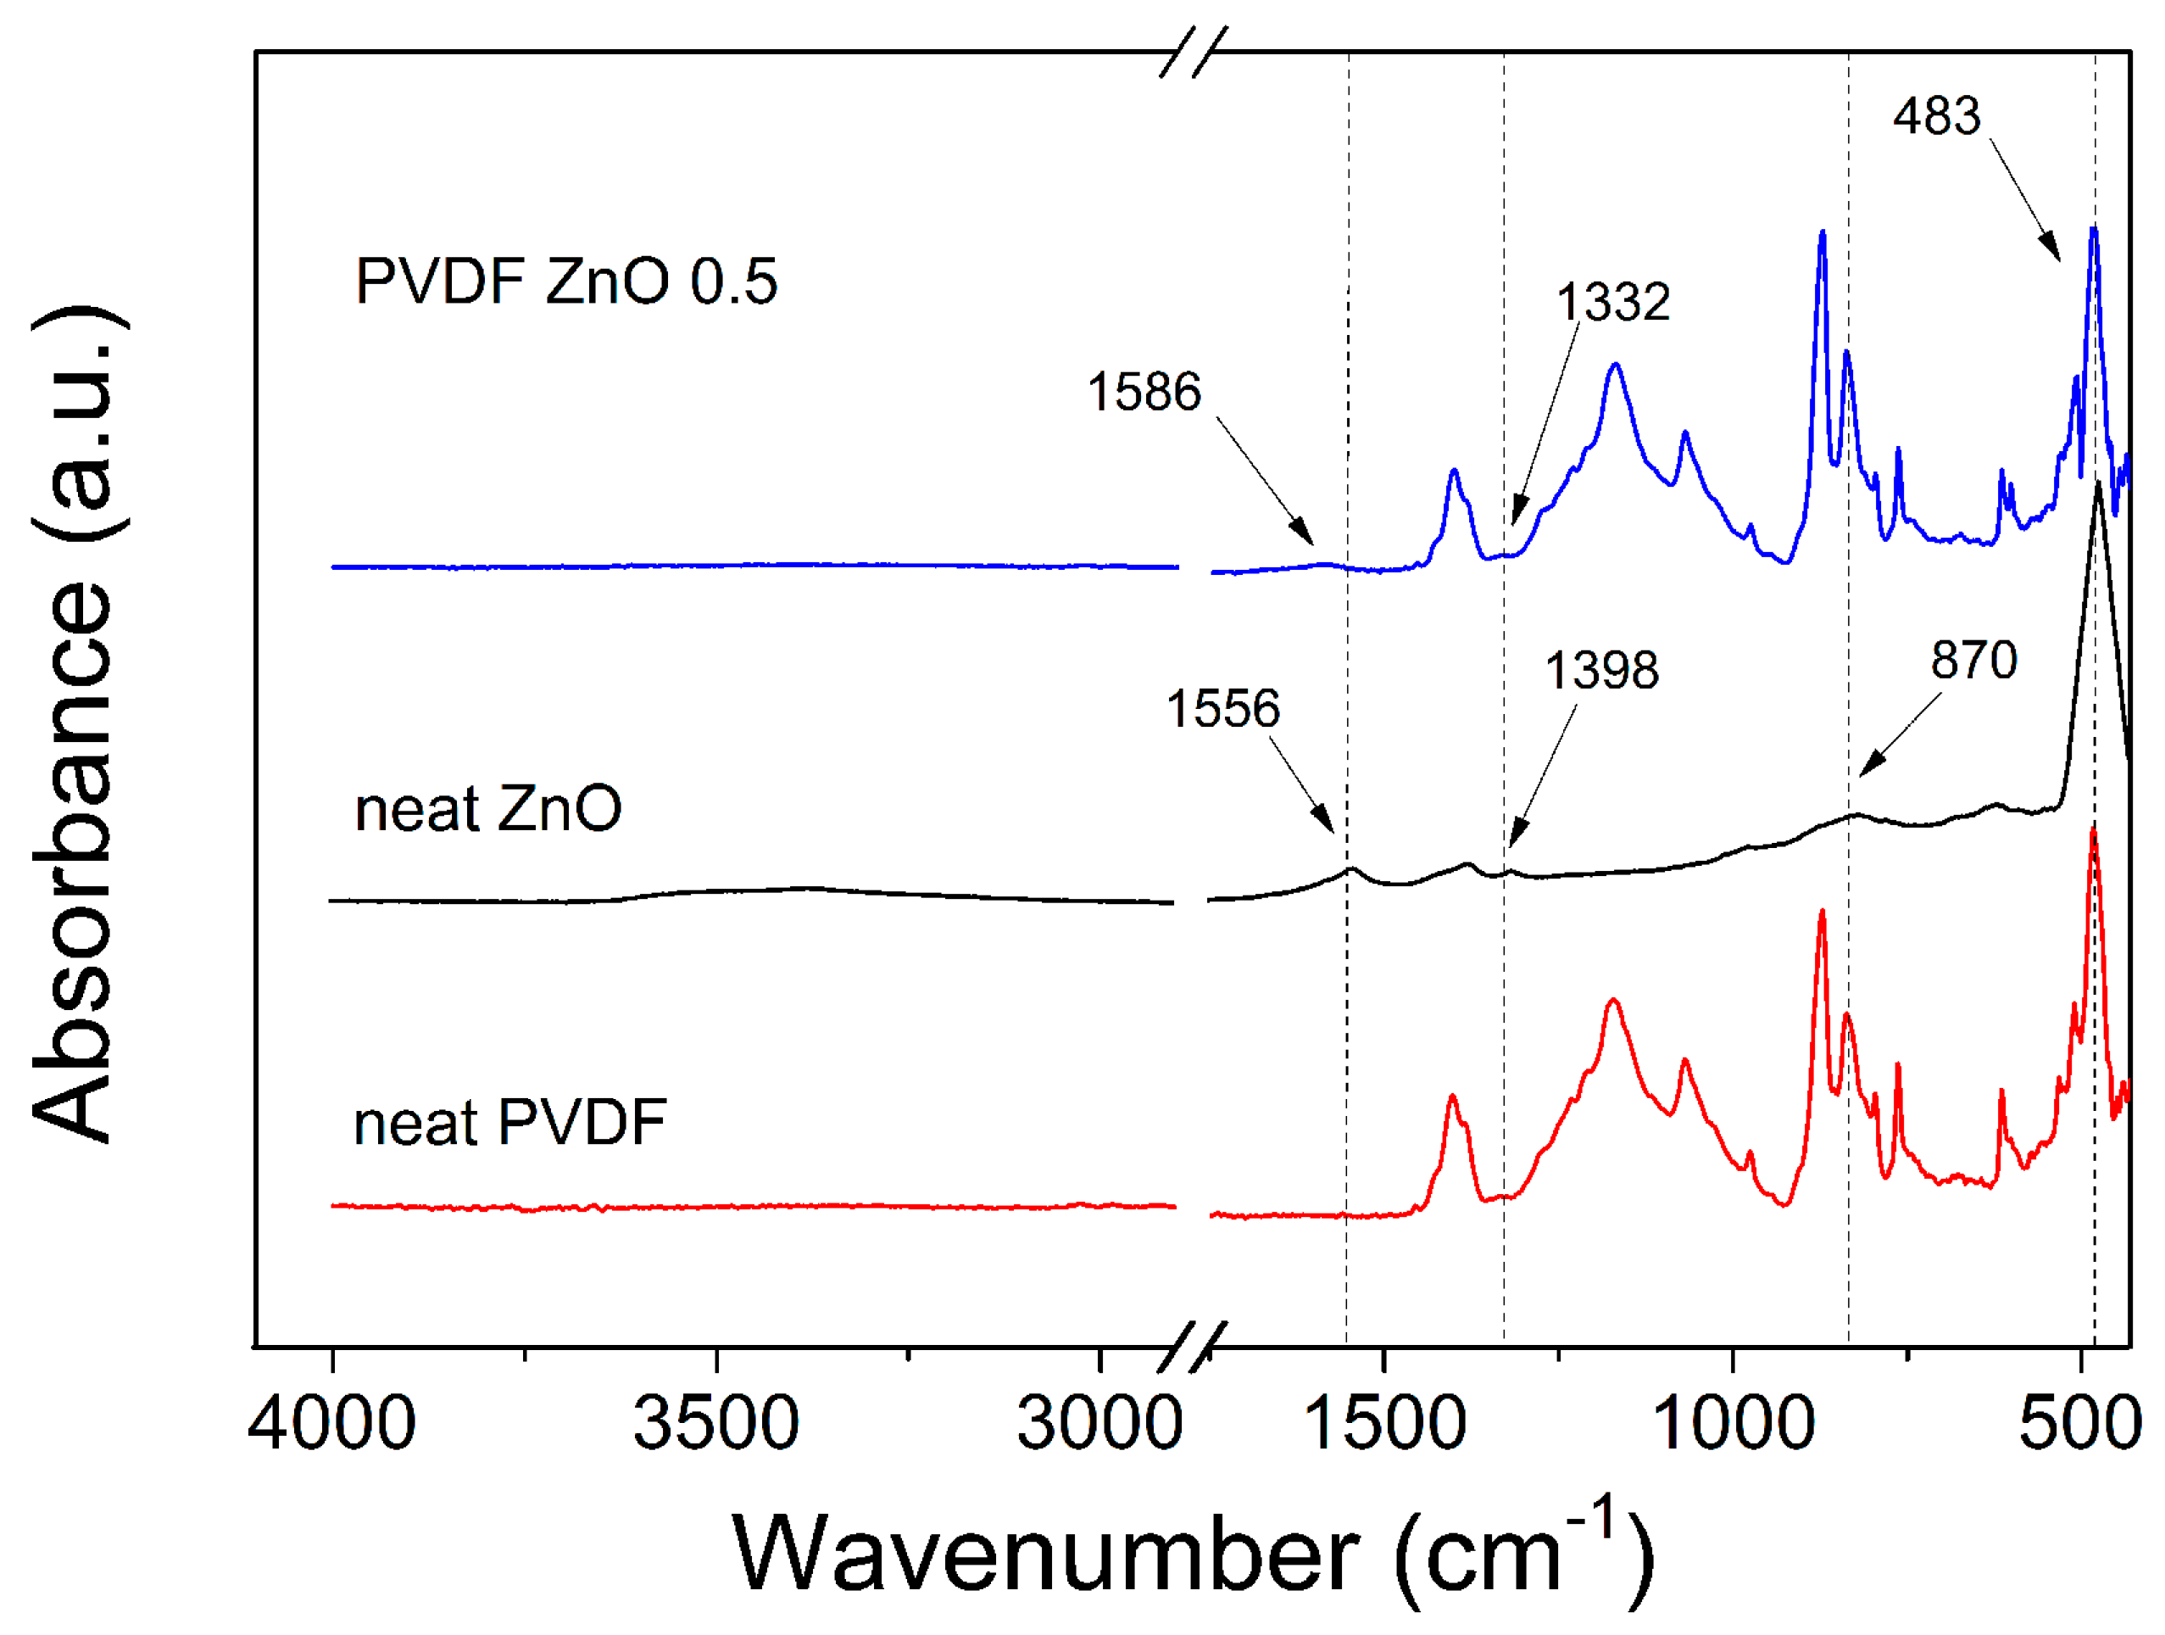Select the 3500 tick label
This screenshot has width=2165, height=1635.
point(715,1425)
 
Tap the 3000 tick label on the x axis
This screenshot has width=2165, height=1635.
point(1099,1425)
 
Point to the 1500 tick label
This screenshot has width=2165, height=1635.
point(1384,1425)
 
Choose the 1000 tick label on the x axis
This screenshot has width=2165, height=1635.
point(1733,1425)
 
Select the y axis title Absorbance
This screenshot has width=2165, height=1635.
point(74,724)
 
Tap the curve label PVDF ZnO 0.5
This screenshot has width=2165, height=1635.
point(565,282)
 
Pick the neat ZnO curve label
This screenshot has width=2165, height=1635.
point(487,810)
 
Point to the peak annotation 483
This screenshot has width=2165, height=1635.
point(1936,116)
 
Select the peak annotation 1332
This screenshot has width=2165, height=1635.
point(1613,302)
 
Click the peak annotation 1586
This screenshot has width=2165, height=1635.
point(1144,392)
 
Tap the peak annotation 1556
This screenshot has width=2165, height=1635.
point(1222,708)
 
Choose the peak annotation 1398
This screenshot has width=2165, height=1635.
point(1601,671)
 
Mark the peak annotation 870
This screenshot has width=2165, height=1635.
point(1973,660)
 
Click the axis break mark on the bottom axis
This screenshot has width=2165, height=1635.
point(1192,1348)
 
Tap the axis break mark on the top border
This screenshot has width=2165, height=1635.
point(1192,52)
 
